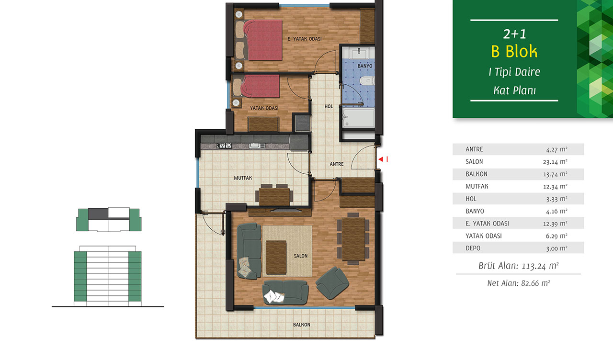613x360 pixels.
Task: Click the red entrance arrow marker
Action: pyautogui.click(x=381, y=159)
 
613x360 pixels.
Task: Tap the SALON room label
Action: pyautogui.click(x=300, y=256)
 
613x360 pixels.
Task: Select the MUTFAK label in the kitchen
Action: pyautogui.click(x=243, y=178)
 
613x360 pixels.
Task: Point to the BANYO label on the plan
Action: pyautogui.click(x=365, y=66)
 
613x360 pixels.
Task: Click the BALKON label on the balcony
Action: pyautogui.click(x=302, y=325)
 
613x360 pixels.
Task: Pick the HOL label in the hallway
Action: pyautogui.click(x=329, y=106)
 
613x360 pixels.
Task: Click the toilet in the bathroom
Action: pyautogui.click(x=367, y=81)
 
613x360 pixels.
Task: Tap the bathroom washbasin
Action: pyautogui.click(x=359, y=53)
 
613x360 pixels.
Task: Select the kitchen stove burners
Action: pyautogui.click(x=225, y=146)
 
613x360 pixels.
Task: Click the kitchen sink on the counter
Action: pyautogui.click(x=257, y=146)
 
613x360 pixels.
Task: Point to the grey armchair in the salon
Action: pyautogui.click(x=332, y=283)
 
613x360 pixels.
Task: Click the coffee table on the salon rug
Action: pyautogui.click(x=276, y=257)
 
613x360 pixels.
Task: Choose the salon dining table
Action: pyautogui.click(x=353, y=238)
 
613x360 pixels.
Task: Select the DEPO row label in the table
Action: pyautogui.click(x=473, y=248)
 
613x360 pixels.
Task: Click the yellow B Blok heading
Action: pyautogui.click(x=514, y=51)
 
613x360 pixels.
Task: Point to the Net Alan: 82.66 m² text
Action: pyautogui.click(x=518, y=283)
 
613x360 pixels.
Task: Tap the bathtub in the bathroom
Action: pyautogui.click(x=358, y=118)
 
